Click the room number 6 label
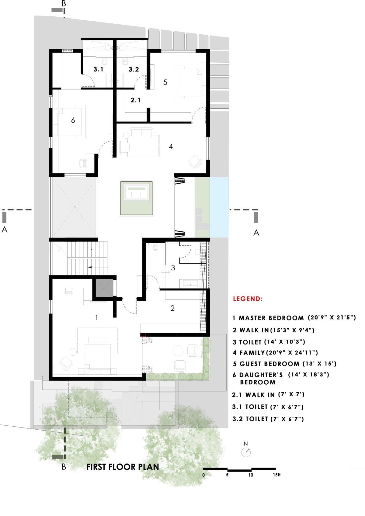coord(73,120)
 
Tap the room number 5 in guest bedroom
coord(165,82)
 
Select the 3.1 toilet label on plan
coord(98,69)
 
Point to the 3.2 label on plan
coord(134,69)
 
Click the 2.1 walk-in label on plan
coord(135,100)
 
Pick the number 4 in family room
coord(171,146)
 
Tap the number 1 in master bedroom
coord(96,318)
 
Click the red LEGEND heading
coord(248,299)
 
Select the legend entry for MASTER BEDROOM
coord(294,318)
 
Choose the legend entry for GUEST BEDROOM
coord(285,364)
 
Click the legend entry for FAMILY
coord(275,352)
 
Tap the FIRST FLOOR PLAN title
coord(123,467)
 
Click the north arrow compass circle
coord(246,452)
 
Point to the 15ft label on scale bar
coord(277,475)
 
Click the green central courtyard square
coord(136,198)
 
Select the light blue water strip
coord(219,207)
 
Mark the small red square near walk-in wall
coord(143,334)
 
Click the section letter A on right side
coord(256,233)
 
